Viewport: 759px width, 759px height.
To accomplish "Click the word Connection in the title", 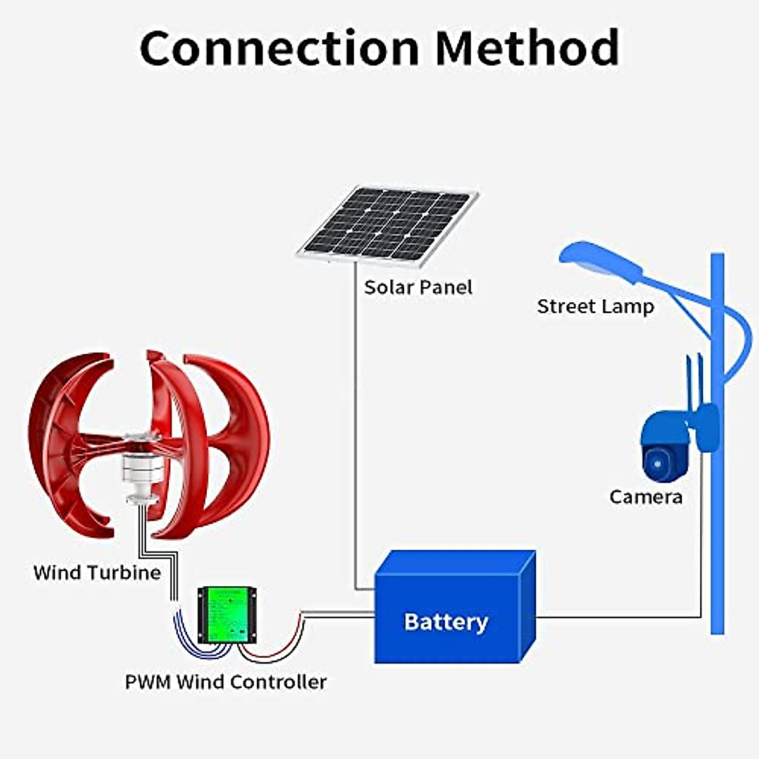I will [279, 48].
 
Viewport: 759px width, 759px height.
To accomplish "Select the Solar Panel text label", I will [418, 288].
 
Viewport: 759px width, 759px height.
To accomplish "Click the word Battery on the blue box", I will [445, 622].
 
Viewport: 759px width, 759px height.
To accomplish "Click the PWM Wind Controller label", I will [226, 682].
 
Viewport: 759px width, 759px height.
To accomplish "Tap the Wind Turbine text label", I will [97, 573].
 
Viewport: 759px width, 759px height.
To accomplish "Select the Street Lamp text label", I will [595, 307].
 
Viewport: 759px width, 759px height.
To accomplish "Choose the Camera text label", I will [646, 497].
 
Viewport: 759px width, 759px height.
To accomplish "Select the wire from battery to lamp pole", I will [620, 616].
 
